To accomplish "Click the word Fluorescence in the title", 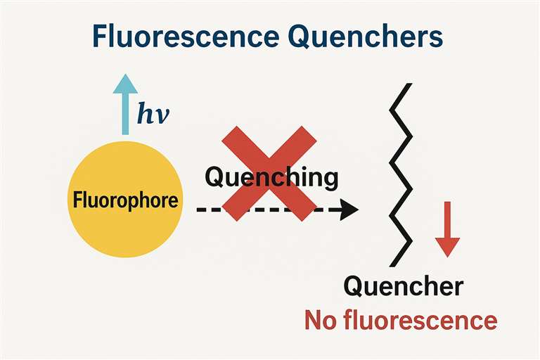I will tap(179, 37).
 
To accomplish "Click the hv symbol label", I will tap(153, 114).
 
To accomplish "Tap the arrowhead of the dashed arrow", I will tap(348, 210).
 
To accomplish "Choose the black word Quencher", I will tap(403, 287).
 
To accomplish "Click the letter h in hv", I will tap(145, 113).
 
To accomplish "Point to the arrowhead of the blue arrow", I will tap(126, 83).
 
